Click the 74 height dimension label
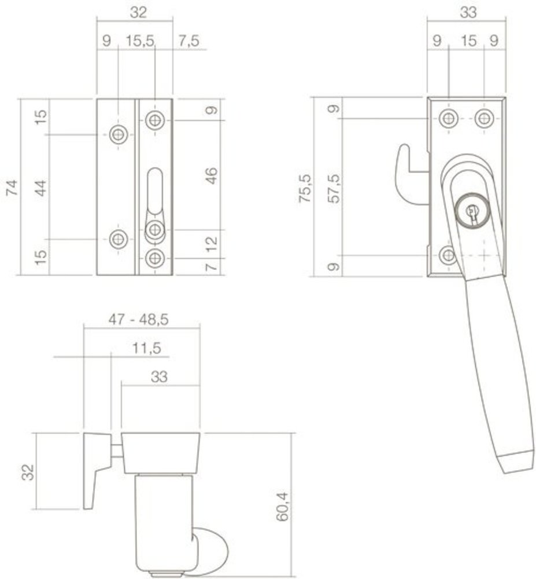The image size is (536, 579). click(x=13, y=188)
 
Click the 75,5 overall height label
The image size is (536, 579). click(x=306, y=188)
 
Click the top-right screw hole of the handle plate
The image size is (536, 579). click(x=484, y=119)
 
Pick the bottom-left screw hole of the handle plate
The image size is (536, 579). click(x=448, y=255)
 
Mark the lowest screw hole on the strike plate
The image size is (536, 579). click(x=154, y=258)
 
